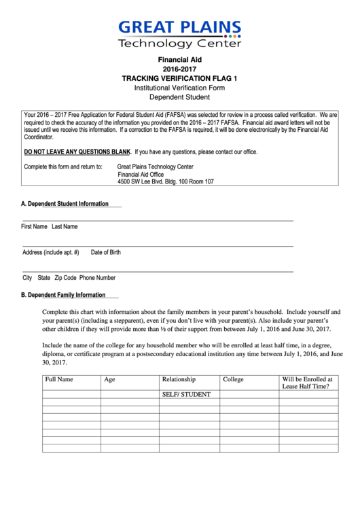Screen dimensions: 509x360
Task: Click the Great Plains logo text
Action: (180, 28)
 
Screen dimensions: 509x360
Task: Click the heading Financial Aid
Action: (180, 60)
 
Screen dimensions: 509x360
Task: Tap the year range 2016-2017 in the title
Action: (180, 69)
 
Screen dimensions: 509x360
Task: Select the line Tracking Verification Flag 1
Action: (180, 79)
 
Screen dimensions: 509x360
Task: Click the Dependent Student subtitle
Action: (180, 98)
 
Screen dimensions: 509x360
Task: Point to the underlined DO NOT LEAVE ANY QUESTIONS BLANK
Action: (77, 152)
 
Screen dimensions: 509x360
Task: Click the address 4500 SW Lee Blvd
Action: (165, 182)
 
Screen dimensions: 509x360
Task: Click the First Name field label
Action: (35, 226)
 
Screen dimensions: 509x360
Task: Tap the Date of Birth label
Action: (106, 252)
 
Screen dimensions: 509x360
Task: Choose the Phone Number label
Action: (97, 278)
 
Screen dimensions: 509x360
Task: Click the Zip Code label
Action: (65, 278)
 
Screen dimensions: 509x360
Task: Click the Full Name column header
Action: (59, 379)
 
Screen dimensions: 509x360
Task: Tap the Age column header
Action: (109, 379)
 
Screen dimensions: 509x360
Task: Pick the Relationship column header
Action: (179, 379)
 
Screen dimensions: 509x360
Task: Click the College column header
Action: (233, 379)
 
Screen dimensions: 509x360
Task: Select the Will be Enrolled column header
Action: (307, 383)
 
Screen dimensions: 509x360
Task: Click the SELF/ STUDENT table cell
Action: (186, 394)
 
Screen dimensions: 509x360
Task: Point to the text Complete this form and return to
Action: (63, 166)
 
